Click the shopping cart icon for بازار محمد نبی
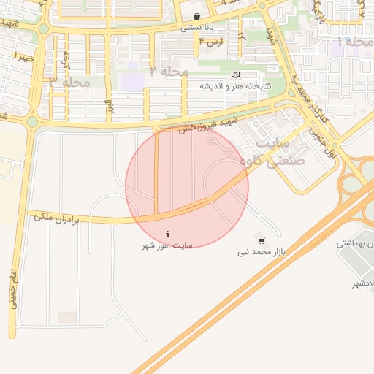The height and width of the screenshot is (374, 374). pyautogui.click(x=262, y=240)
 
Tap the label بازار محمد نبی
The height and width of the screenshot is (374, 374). pyautogui.click(x=262, y=252)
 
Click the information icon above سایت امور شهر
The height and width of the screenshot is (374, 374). pyautogui.click(x=168, y=234)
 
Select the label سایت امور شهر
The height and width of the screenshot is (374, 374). pyautogui.click(x=167, y=247)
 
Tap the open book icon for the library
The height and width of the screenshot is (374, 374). pyautogui.click(x=234, y=75)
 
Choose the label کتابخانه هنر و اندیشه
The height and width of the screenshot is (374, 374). pyautogui.click(x=235, y=86)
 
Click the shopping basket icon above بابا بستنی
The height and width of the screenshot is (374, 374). pyautogui.click(x=196, y=17)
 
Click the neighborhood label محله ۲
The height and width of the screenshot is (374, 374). pyautogui.click(x=169, y=71)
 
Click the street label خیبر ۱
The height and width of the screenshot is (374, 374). pyautogui.click(x=23, y=56)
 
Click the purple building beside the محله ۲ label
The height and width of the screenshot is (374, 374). pyautogui.click(x=132, y=80)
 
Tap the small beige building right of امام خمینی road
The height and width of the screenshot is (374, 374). pyautogui.click(x=67, y=318)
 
